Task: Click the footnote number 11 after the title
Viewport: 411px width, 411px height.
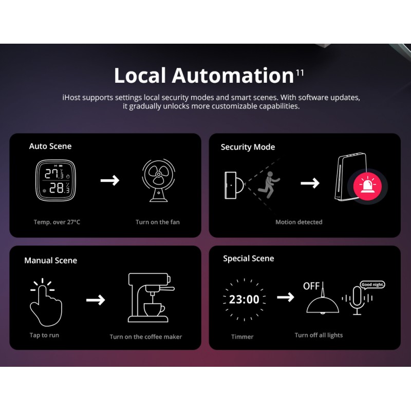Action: (x=300, y=72)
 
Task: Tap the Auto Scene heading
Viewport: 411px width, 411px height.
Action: (x=50, y=146)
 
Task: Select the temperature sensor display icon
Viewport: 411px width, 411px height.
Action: (x=55, y=180)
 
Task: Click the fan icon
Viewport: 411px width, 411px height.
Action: (x=159, y=180)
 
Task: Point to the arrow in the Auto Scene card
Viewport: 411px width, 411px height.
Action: (x=110, y=180)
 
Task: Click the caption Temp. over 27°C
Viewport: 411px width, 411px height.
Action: (x=57, y=222)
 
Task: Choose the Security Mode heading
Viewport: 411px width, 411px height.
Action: (x=248, y=147)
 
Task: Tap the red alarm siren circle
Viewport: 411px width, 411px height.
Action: (x=367, y=186)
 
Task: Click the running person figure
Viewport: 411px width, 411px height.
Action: (x=269, y=185)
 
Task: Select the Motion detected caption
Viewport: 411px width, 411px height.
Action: (x=299, y=222)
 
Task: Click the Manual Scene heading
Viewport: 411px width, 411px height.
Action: (x=50, y=260)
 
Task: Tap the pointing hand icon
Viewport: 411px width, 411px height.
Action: (x=46, y=303)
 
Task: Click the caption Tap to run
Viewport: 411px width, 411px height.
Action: (x=44, y=335)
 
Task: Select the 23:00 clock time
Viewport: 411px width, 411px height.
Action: (x=244, y=300)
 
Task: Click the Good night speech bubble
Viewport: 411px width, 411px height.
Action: (x=373, y=285)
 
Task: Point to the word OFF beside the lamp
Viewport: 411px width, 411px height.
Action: (x=311, y=286)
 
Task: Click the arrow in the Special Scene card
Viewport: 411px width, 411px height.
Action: (x=286, y=297)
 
